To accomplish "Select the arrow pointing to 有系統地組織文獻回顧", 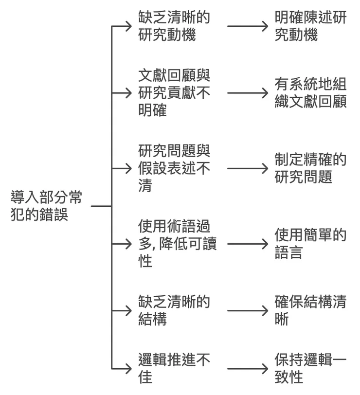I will tap(247, 93).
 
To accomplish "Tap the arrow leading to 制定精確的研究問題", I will tap(247, 168).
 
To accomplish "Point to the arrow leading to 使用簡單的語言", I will tap(247, 243).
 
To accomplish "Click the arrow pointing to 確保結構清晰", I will tap(247, 310).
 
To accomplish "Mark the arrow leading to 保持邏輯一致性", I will tap(247, 368).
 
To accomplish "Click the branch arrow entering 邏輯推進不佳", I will tap(122, 368).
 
